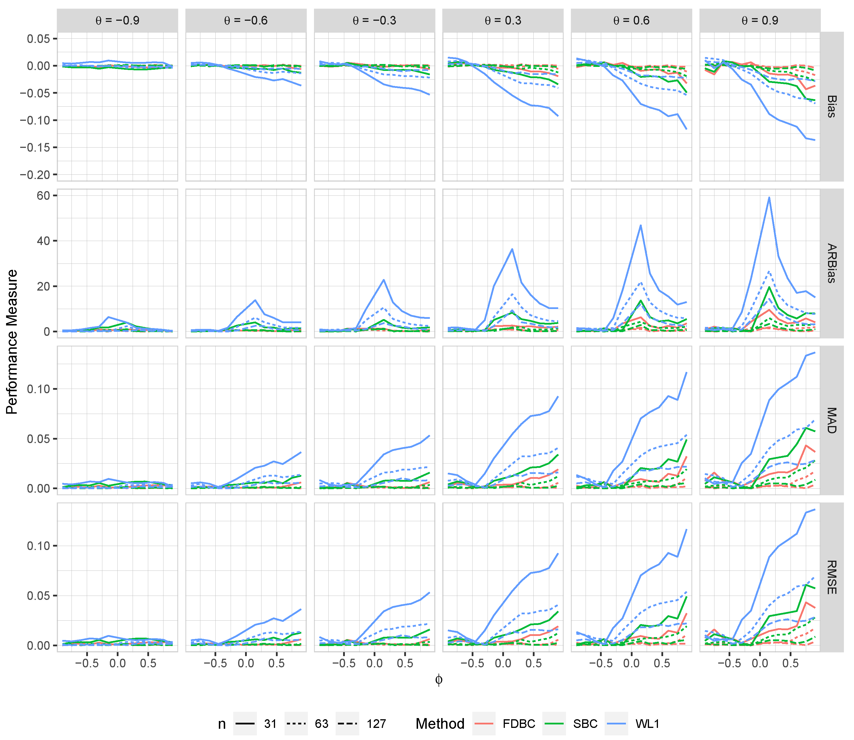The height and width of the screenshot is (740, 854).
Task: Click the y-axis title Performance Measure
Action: [x=12, y=342]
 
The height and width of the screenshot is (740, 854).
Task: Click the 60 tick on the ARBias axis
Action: [x=43, y=195]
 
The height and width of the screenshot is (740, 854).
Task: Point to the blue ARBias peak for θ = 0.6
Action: [x=641, y=225]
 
